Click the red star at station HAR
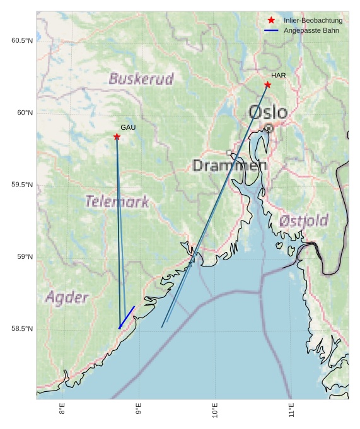click(267, 84)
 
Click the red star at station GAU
click(117, 137)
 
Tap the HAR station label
click(279, 76)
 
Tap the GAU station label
click(128, 128)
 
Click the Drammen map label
click(229, 166)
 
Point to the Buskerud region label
click(141, 79)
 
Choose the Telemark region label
click(117, 202)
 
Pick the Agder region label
click(67, 297)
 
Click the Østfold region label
click(303, 221)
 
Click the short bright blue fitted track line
click(127, 317)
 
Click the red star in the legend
click(271, 20)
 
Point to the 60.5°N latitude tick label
click(22, 40)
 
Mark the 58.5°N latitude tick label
click(22, 329)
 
